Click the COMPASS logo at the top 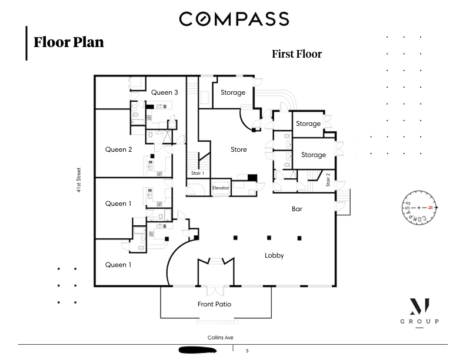pos(234,19)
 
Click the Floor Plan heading pos(69,42)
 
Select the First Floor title pos(297,54)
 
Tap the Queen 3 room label pos(164,92)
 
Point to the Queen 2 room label pos(119,149)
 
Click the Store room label pos(239,149)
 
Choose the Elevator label pos(221,188)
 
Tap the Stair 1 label pos(198,173)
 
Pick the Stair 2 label pos(328,179)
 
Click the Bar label pos(297,209)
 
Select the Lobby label pos(274,255)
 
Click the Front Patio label pos(214,304)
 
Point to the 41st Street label pos(79,180)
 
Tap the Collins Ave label pos(220,338)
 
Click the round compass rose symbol pos(420,208)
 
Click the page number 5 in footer pos(247,351)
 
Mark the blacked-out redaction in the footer pos(198,350)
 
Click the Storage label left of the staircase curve pos(233,92)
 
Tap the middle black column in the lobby pos(269,238)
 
